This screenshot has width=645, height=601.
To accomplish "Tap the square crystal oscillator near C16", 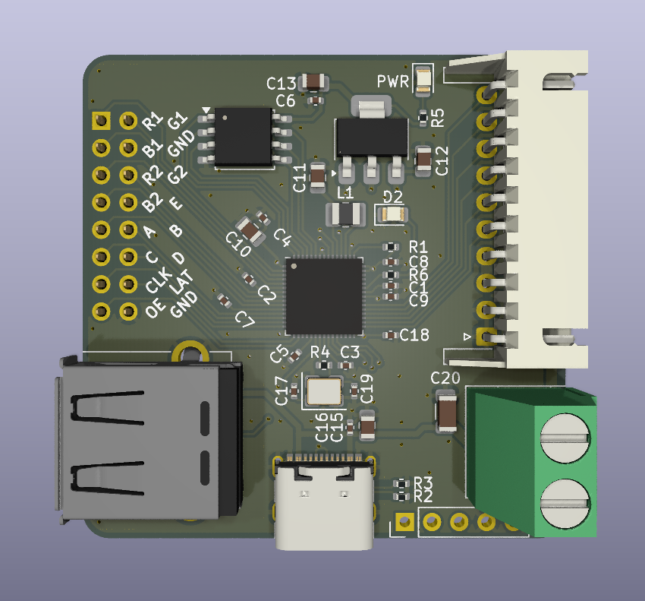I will click(x=324, y=391).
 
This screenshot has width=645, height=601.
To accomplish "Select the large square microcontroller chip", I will click(x=324, y=296).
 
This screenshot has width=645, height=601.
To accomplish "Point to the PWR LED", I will click(x=423, y=81).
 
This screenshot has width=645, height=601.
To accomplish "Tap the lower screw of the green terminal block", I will click(x=565, y=502).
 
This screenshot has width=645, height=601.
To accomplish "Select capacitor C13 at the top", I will click(x=313, y=81).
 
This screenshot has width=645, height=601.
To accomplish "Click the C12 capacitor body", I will click(x=424, y=160).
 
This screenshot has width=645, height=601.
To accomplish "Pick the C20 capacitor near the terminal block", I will click(x=447, y=414).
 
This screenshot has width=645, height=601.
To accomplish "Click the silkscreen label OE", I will click(x=156, y=310).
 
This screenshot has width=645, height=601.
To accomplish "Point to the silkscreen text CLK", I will click(x=157, y=283).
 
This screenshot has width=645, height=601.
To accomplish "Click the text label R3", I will click(x=423, y=483).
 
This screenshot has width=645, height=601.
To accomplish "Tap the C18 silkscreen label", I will click(x=414, y=334).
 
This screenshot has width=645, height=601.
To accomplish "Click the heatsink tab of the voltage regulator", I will click(x=371, y=107).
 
